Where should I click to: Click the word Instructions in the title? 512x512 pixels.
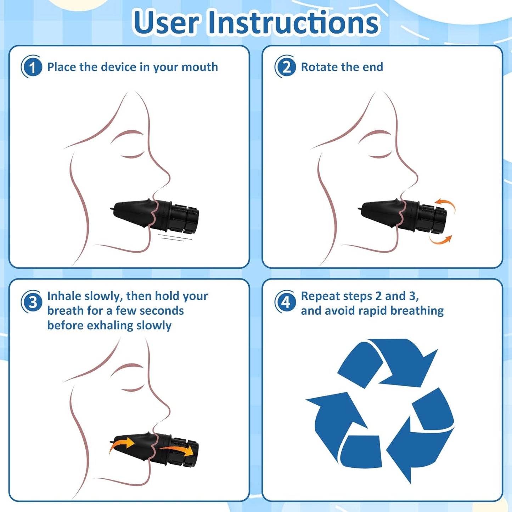(294, 23)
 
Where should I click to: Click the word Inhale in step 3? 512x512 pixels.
(64, 296)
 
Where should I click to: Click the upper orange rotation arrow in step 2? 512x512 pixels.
(447, 204)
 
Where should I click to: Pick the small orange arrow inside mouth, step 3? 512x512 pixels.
(122, 444)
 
